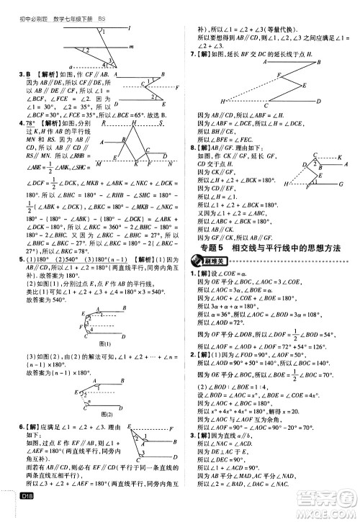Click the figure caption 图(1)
coord(89,344)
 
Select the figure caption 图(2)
coord(89,413)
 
